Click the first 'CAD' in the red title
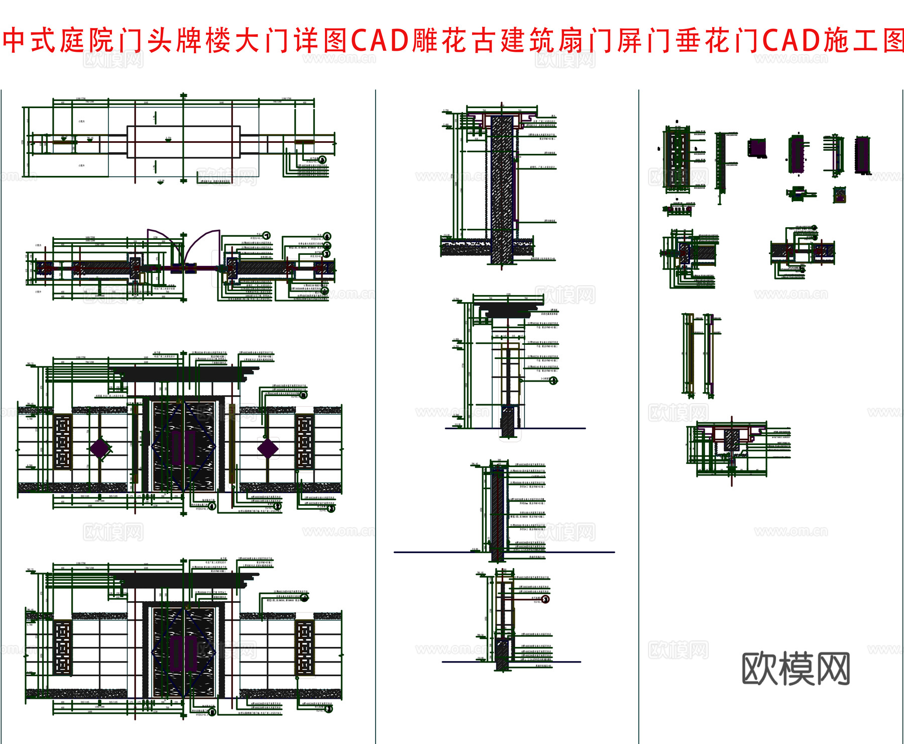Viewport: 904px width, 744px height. coord(380,40)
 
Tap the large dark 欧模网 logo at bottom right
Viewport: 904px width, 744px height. coord(796,668)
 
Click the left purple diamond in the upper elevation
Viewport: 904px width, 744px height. coord(100,448)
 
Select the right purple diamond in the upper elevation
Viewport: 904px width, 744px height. coord(267,448)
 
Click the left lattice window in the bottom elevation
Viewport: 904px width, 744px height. coord(63,647)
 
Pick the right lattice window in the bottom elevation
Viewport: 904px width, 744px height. coord(304,647)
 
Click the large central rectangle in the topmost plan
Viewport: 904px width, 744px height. coord(183,142)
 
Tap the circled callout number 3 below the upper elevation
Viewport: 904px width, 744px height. coord(331,509)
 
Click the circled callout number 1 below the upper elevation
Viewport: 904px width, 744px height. coord(212,506)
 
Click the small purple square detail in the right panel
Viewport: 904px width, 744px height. coord(757,148)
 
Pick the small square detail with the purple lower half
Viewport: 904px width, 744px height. coord(839,195)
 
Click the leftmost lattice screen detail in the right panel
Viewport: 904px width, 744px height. coord(677,157)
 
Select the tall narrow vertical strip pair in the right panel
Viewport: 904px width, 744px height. coord(698,354)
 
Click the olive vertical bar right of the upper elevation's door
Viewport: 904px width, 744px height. coord(232,442)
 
